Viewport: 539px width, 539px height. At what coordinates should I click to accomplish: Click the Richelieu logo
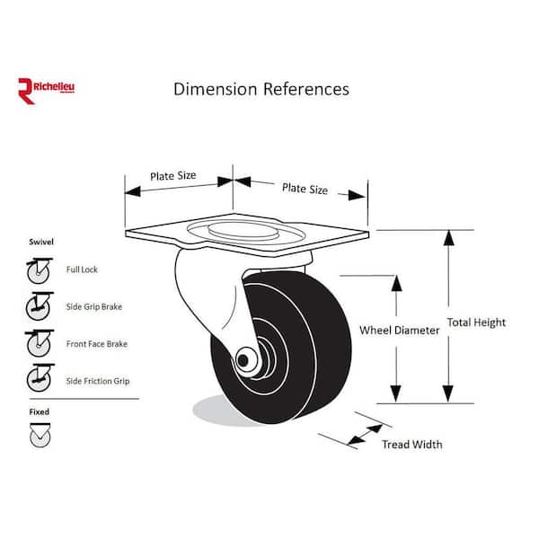coord(48,90)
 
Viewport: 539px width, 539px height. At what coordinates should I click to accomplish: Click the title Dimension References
coord(261,89)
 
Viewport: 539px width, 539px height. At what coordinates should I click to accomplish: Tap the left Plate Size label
coord(173,175)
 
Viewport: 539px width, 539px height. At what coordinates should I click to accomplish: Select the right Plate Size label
coord(305,189)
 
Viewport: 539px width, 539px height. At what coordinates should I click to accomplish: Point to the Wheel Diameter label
coord(399,331)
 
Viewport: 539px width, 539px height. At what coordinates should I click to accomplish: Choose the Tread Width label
coord(411,444)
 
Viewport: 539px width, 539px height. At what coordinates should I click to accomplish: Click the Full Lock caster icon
coord(39,269)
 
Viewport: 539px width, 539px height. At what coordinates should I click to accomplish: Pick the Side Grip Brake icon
coord(39,306)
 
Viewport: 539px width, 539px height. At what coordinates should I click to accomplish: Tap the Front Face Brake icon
coord(39,344)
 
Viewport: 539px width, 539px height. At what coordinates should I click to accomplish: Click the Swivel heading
coord(39,243)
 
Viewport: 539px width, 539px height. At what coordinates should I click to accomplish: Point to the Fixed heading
coord(39,411)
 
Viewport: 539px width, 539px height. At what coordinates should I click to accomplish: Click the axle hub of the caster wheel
coord(243,360)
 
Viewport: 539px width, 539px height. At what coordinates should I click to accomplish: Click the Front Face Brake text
coord(96,344)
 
